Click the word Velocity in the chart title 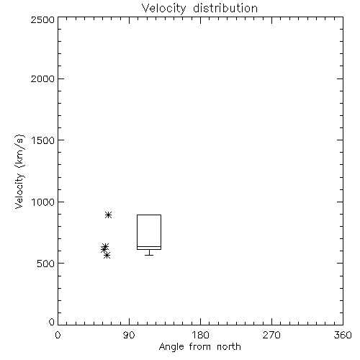click(163, 9)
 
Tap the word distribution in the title click(225, 8)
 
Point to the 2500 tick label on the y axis click(42, 19)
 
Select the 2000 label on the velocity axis click(42, 78)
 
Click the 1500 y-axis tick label click(43, 140)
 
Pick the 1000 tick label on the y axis click(43, 202)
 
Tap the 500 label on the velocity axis click(46, 264)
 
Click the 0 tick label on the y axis click(52, 322)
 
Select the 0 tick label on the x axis click(58, 335)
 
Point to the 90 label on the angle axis click(129, 335)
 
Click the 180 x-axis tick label click(200, 335)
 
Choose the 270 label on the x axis click(271, 335)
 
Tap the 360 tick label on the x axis click(343, 335)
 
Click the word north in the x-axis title click(229, 347)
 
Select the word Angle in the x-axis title click(171, 347)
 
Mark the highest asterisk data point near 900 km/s click(109, 215)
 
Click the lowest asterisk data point click(107, 255)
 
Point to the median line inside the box click(149, 246)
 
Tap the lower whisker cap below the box click(149, 255)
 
